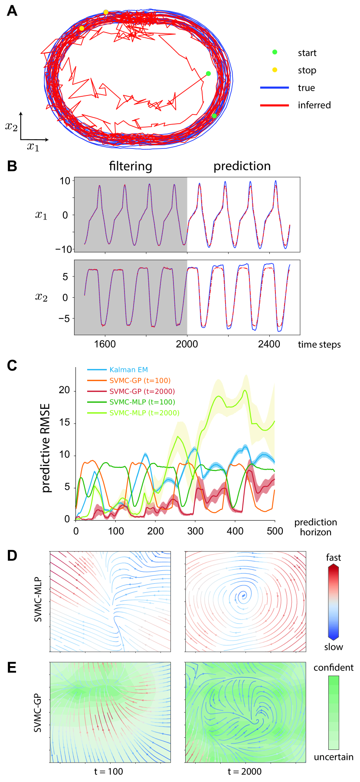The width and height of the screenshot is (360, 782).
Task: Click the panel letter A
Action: tap(12, 10)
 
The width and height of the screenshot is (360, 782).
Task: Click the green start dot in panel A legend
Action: tap(275, 53)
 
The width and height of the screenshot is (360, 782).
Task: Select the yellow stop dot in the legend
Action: tap(275, 70)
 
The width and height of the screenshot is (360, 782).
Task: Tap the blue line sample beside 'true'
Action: tap(274, 88)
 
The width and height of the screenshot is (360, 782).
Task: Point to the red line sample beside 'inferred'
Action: tap(274, 105)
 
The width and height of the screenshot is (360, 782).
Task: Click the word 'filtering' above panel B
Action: tap(131, 166)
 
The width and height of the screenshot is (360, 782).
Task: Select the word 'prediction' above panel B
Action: tap(242, 166)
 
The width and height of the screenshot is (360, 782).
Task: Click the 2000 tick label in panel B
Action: tap(187, 344)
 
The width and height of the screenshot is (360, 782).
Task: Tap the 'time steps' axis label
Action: tap(319, 345)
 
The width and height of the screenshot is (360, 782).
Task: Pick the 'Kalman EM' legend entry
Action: tap(128, 370)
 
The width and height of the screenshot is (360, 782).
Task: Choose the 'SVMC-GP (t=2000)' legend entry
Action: tap(142, 391)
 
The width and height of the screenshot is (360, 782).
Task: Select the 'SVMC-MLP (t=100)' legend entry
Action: tap(142, 402)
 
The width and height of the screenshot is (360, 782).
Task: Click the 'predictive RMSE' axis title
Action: tap(46, 448)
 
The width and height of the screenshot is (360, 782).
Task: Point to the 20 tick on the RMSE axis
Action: tap(64, 390)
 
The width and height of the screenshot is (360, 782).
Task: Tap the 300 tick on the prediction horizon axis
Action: tap(195, 531)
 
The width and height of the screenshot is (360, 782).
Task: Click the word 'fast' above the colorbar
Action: tap(333, 558)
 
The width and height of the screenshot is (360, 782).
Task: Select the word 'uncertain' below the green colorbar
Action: tap(334, 757)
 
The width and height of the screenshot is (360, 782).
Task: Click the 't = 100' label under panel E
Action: tap(108, 772)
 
